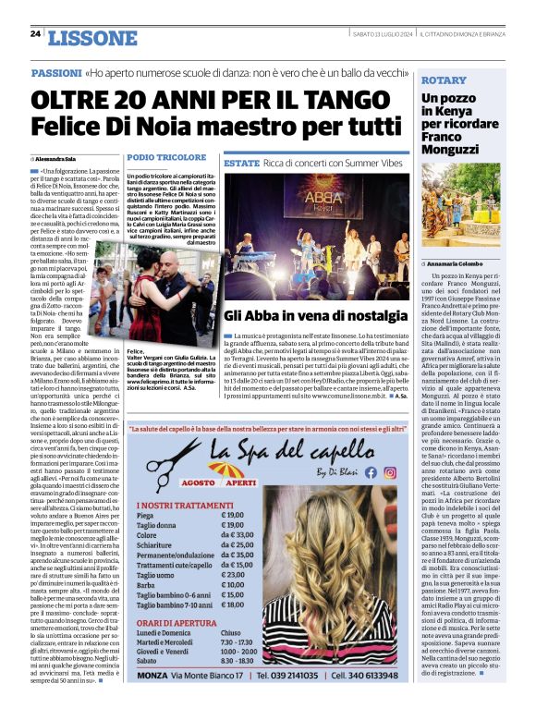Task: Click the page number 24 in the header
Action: [35, 34]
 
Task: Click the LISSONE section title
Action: [91, 37]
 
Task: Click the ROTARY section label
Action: [444, 80]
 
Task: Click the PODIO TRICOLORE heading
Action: [166, 158]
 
